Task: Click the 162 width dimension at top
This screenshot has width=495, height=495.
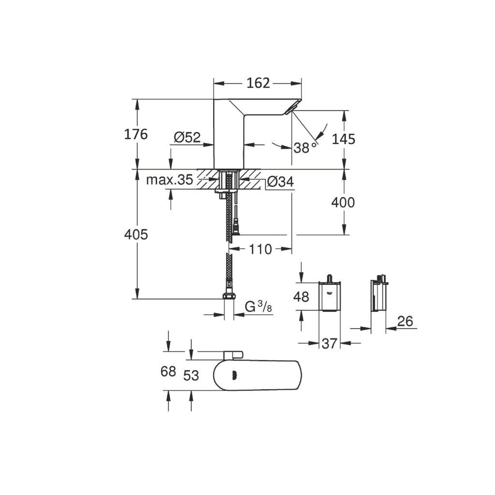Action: (x=258, y=83)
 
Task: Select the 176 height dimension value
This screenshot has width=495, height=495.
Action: (x=136, y=134)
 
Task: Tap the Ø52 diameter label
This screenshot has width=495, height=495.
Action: (x=187, y=138)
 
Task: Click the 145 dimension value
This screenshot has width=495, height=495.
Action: (x=343, y=139)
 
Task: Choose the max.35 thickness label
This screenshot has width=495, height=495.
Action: (x=169, y=180)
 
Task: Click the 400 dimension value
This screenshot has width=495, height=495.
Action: (x=343, y=203)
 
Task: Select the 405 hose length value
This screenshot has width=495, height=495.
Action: (x=136, y=235)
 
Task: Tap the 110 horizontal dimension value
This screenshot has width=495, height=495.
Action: (x=261, y=249)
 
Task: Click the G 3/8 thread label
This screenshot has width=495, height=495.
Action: (x=257, y=306)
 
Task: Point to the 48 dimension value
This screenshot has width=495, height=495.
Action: (x=301, y=297)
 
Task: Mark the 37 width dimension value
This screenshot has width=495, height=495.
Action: (x=329, y=344)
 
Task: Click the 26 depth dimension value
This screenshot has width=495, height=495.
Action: (x=406, y=321)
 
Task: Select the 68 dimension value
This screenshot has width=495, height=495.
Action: (x=168, y=372)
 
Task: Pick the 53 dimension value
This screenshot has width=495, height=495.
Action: (x=191, y=376)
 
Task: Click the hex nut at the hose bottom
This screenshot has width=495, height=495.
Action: (x=229, y=296)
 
